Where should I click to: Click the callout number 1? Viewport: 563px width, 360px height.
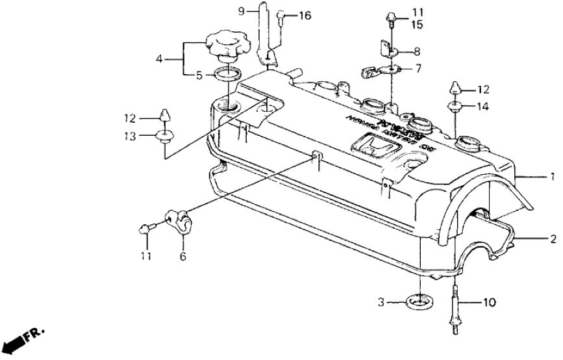point(552,177)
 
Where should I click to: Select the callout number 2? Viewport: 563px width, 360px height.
point(552,239)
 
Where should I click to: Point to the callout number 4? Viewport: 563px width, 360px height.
point(158,60)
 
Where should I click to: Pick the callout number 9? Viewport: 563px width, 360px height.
point(242,11)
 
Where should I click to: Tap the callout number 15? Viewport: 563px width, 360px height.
point(416,25)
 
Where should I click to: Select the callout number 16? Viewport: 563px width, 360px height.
point(305,16)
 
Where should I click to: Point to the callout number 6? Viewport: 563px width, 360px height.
point(182,257)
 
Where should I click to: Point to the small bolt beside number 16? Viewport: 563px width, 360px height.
point(281,17)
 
